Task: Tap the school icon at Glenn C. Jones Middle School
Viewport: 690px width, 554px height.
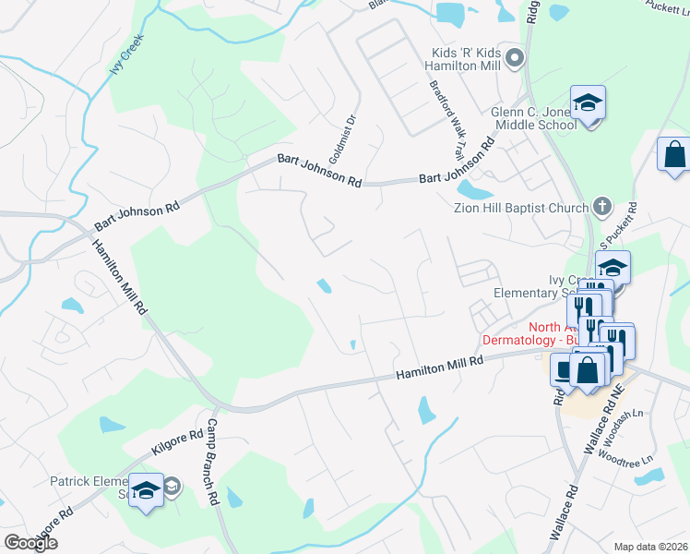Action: point(587,102)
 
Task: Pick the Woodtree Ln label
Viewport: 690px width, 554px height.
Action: point(625,458)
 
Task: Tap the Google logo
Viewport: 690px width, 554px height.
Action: point(30,543)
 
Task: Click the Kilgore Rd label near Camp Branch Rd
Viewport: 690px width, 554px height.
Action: point(176,445)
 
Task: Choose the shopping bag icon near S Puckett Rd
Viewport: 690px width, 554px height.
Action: point(674,154)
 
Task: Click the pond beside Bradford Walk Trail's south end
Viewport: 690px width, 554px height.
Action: point(475,190)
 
